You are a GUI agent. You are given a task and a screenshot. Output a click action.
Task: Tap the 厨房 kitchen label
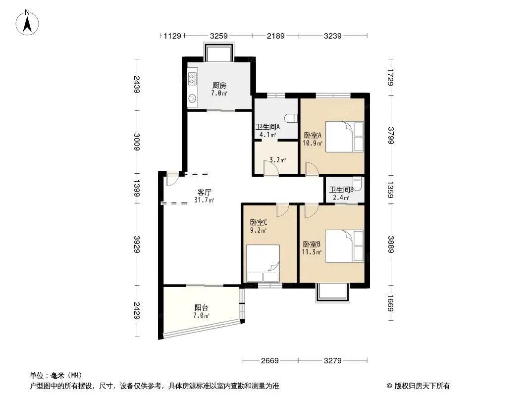point(219,86)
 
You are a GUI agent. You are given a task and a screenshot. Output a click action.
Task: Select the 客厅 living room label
point(205,192)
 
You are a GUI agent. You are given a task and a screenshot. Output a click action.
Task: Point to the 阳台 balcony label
point(202,307)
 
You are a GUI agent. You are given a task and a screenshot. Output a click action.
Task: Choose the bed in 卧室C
point(263,263)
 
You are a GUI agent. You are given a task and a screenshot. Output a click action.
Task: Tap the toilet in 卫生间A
point(291,118)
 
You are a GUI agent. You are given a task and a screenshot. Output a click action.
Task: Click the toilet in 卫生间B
point(357,184)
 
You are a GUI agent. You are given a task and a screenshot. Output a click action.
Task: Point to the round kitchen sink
point(192,99)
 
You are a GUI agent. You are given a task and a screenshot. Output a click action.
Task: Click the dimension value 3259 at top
point(218,36)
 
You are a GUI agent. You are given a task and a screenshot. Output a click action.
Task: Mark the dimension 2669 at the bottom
point(270,361)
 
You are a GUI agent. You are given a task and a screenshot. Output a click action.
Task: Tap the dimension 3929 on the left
point(137,244)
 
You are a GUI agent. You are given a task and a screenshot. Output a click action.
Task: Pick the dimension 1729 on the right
point(391,77)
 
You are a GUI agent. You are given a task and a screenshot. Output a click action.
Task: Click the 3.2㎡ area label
point(277,160)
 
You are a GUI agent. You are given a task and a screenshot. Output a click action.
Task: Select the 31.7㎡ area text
point(204,200)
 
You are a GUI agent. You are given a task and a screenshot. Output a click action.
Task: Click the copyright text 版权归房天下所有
point(422,386)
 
